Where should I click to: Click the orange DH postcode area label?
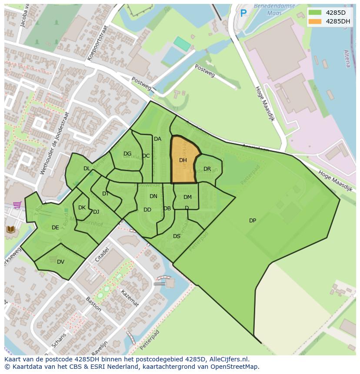point(183,160)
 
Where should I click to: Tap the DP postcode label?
point(252,221)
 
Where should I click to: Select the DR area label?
point(207,169)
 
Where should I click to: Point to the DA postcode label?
point(157,139)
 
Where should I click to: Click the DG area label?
point(127,154)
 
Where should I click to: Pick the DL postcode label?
point(87,169)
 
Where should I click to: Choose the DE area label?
point(55,228)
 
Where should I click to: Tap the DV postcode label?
point(60,261)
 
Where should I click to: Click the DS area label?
point(177,236)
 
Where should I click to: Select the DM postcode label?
point(187,197)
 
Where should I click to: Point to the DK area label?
point(82,208)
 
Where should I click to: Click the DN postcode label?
point(153,196)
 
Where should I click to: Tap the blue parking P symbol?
point(243,13)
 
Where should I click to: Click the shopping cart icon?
point(17,205)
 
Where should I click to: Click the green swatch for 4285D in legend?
point(314,13)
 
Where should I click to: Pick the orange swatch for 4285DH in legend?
point(314,21)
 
